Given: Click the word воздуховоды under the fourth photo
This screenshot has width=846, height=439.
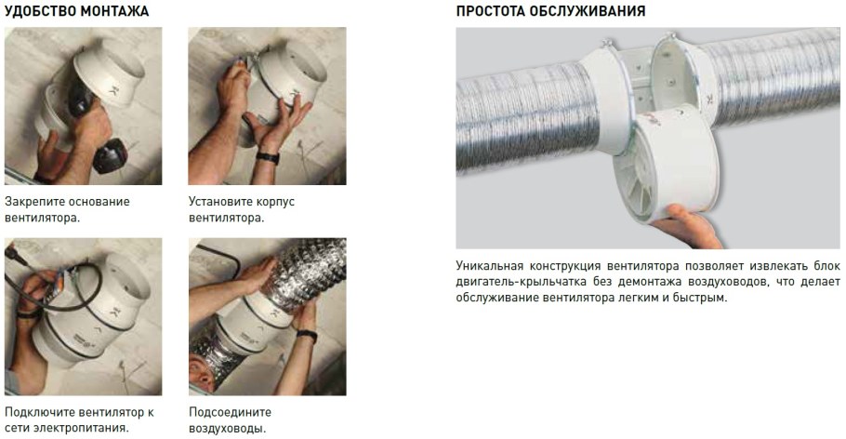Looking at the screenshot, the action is (227, 429).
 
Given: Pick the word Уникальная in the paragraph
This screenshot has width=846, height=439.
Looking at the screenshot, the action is (489, 266).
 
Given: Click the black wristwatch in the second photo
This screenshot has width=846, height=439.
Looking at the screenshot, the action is (268, 158).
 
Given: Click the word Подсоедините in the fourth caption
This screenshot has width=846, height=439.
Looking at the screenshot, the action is (230, 412).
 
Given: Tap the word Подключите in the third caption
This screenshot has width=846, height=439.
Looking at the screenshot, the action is (39, 413).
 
